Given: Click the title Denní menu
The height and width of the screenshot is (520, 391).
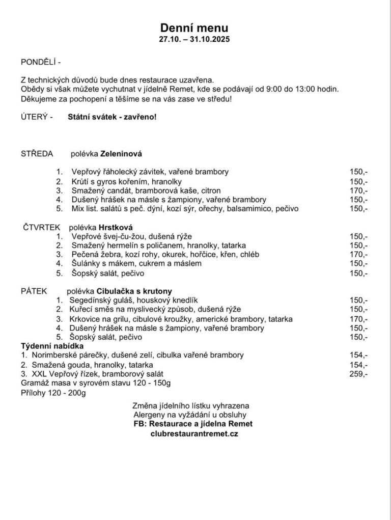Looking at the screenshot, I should [x=194, y=28].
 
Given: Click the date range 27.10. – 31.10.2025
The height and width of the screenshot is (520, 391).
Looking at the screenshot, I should [x=194, y=39].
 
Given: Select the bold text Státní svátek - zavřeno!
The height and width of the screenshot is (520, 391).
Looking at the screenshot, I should [x=112, y=117].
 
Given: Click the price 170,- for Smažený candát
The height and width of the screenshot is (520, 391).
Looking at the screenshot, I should [x=358, y=190].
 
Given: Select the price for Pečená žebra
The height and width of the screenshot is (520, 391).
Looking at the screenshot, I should [x=358, y=254].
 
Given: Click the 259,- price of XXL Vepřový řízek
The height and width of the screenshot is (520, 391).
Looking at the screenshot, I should [x=358, y=374].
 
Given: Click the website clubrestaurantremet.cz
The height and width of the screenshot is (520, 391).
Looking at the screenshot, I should [x=194, y=433].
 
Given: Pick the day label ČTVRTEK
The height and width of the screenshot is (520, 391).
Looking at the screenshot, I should [x=42, y=227].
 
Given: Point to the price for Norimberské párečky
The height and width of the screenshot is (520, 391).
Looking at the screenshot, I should [x=358, y=355].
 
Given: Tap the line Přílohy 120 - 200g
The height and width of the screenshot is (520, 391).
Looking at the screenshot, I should [x=53, y=393].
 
